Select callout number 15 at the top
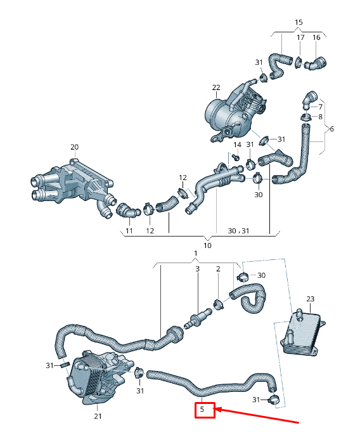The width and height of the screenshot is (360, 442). [x=299, y=23]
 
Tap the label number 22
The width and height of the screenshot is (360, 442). [x=215, y=87]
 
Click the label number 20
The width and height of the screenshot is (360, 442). [x=74, y=147]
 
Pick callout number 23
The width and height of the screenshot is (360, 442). [x=310, y=298]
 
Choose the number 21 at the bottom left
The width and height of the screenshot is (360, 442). [x=98, y=417]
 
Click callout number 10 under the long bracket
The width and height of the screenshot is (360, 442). [x=207, y=245]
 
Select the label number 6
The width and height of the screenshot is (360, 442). [x=331, y=129]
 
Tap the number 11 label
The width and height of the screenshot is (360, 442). [x=129, y=231]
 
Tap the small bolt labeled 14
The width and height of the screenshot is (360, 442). [x=235, y=155]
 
